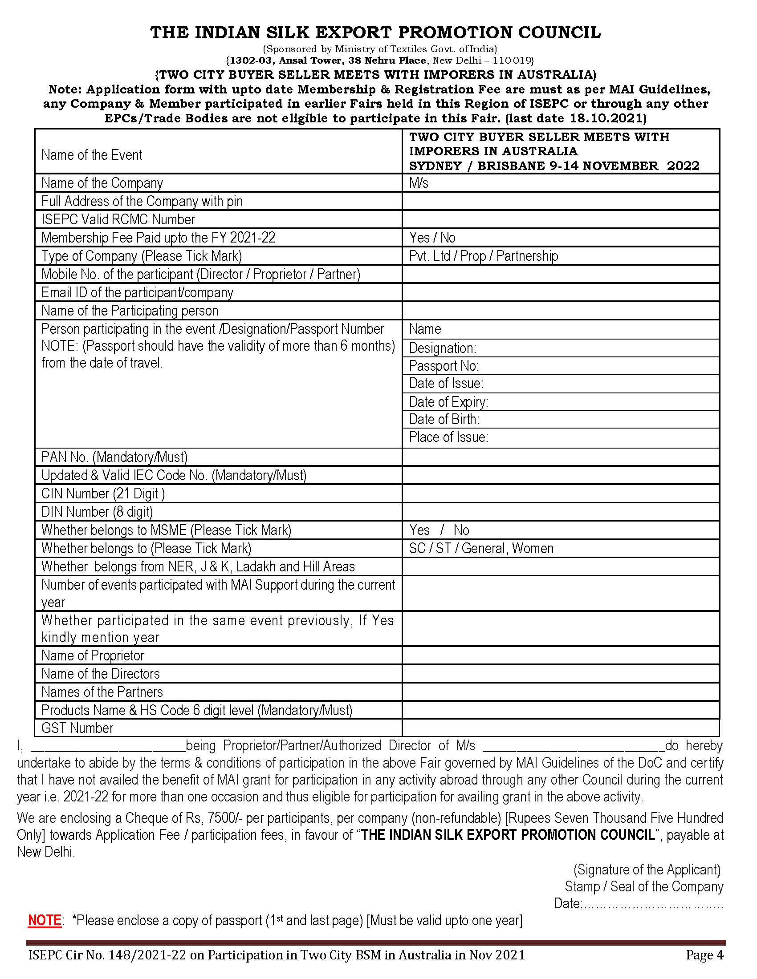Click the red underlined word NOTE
tap(45, 920)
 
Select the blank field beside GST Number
tap(561, 728)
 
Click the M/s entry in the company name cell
tap(419, 183)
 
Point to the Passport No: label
tap(444, 366)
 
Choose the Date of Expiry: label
tap(448, 402)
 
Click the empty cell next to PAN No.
tap(561, 457)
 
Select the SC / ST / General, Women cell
tap(481, 548)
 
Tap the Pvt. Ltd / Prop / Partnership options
tap(483, 256)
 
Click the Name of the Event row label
tap(91, 155)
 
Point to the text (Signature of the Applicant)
tap(647, 870)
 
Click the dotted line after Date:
tap(652, 903)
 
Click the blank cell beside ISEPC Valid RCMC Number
tap(561, 219)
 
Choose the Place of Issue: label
tap(448, 437)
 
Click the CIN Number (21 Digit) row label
tap(103, 494)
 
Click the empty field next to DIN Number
tap(561, 512)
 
